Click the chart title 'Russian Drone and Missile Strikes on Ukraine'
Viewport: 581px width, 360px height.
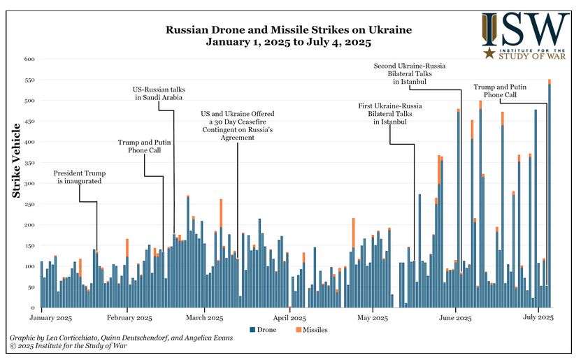[x=288, y=30]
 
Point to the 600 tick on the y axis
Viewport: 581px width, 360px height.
[x=29, y=59]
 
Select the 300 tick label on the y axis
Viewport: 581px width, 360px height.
[x=29, y=183]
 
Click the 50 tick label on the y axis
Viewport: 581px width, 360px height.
[x=31, y=287]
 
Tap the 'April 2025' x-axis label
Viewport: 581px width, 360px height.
[x=289, y=317]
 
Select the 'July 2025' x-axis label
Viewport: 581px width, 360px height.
[x=539, y=317]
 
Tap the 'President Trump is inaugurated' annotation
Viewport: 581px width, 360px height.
[x=79, y=177]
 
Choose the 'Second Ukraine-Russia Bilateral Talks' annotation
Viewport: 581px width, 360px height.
[x=409, y=73]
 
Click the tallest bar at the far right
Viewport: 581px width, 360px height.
[x=549, y=196]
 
